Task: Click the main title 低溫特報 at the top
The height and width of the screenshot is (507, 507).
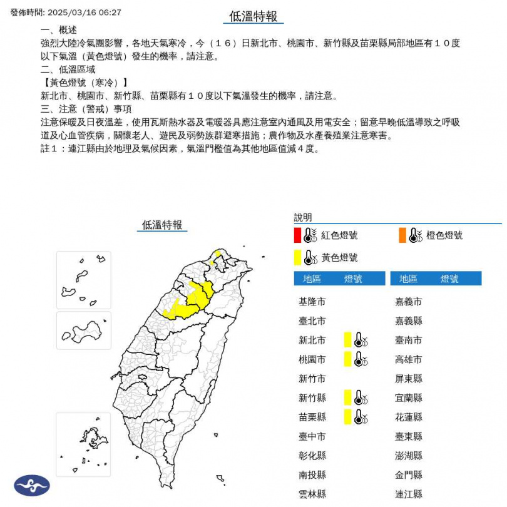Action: (253, 17)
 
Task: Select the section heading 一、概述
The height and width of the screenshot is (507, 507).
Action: (59, 31)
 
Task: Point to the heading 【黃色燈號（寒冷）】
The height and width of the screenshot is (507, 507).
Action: (84, 83)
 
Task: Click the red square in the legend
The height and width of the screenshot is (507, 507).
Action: (297, 235)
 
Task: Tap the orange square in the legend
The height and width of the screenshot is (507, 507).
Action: (401, 235)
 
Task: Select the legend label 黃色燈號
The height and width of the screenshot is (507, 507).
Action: (339, 257)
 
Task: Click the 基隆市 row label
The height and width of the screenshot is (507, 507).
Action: (312, 302)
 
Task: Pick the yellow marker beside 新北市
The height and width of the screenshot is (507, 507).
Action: (347, 340)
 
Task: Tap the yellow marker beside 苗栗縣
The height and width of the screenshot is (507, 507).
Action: (347, 417)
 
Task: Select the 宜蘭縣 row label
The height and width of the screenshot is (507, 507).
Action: (409, 397)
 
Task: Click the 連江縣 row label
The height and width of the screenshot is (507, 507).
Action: (409, 493)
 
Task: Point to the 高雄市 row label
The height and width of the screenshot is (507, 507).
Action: (409, 359)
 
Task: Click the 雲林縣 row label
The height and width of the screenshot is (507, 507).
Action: (312, 493)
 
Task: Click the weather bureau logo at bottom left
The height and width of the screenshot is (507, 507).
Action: (32, 485)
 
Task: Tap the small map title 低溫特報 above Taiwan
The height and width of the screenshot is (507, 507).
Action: (162, 225)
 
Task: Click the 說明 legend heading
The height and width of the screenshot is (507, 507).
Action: (303, 217)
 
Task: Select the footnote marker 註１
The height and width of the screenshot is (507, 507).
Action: (49, 148)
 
